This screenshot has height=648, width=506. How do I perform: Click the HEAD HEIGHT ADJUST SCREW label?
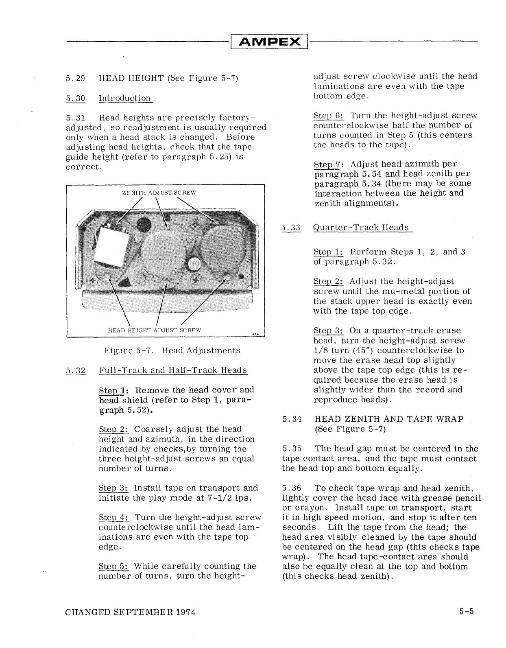(155, 330)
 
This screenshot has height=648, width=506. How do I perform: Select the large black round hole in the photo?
(144, 224)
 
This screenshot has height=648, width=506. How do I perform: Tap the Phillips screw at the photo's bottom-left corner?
(93, 280)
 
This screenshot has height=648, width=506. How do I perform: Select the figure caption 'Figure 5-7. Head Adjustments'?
(172, 351)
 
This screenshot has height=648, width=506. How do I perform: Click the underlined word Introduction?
(125, 99)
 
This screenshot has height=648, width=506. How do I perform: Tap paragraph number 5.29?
(75, 79)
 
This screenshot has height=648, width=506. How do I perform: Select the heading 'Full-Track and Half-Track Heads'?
(173, 370)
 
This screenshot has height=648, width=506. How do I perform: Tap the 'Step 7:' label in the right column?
(329, 165)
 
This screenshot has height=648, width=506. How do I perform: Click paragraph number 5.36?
(292, 488)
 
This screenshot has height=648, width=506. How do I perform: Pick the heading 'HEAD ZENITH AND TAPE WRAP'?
(389, 420)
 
